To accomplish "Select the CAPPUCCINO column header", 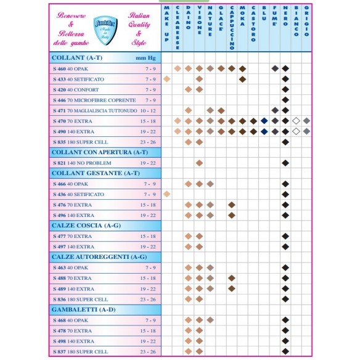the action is click(x=231, y=28).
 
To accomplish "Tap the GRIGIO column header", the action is click(x=306, y=22).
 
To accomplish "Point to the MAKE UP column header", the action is click(x=166, y=25).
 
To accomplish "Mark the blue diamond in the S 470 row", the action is click(x=264, y=121).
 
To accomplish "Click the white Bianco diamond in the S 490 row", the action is click(x=296, y=131).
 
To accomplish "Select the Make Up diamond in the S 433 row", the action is click(x=166, y=79).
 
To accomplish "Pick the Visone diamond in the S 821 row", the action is click(x=199, y=163).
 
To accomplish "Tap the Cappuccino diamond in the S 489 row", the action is click(x=231, y=288).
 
